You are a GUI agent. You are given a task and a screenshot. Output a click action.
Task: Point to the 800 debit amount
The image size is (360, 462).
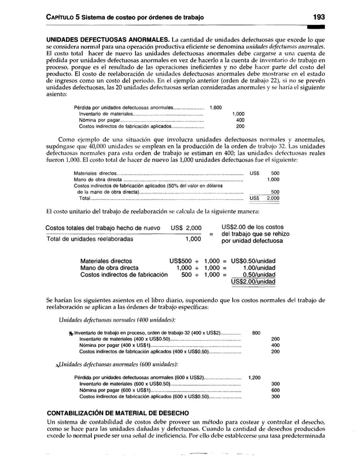256,332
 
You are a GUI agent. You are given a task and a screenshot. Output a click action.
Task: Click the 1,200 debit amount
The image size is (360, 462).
254,377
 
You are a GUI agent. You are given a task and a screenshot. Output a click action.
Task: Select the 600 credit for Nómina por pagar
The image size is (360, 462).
275,390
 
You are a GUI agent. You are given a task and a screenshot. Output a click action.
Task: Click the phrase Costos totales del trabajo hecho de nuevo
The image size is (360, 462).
103,227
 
